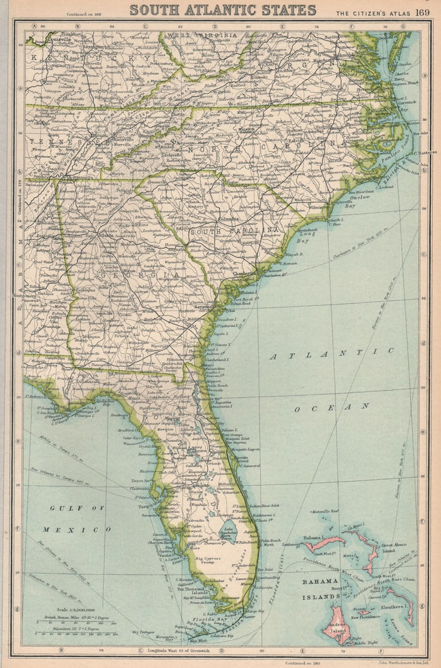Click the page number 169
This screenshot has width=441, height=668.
pyautogui.click(x=422, y=12)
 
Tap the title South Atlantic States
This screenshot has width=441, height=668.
pyautogui.click(x=223, y=10)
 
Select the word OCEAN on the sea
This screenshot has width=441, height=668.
pyautogui.click(x=332, y=407)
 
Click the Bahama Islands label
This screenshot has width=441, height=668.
pyautogui.click(x=321, y=589)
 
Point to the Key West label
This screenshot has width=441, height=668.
pyautogui.click(x=198, y=640)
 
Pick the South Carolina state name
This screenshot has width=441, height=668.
pyautogui.click(x=234, y=231)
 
